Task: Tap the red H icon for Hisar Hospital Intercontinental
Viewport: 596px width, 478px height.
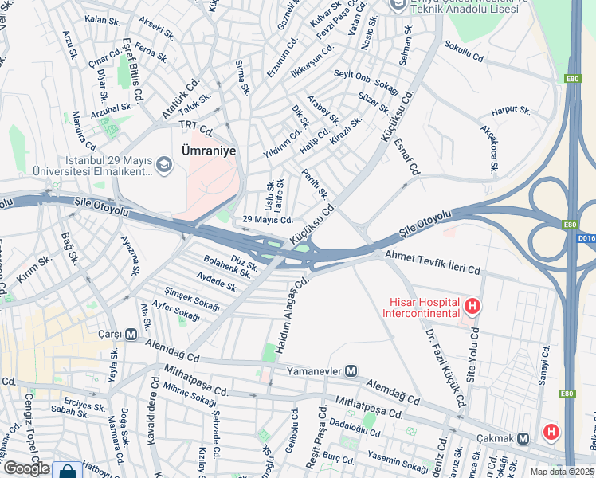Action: point(472,306)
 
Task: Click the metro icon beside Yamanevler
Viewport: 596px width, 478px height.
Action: point(351,370)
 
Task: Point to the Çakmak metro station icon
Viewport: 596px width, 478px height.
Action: point(523,438)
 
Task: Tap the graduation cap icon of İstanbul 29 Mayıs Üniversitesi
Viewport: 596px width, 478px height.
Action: point(164,165)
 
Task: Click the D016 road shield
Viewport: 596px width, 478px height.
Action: point(586,237)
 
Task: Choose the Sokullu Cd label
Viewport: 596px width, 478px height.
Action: point(465,51)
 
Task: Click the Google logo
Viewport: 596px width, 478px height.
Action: point(25,468)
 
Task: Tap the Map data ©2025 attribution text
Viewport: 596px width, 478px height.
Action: point(563,472)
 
